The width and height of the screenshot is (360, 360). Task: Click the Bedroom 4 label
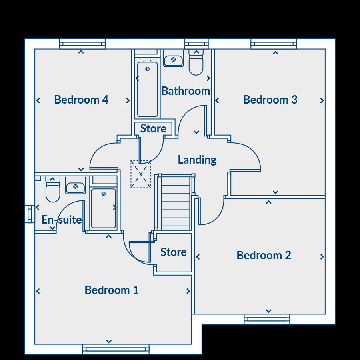coord(81,99)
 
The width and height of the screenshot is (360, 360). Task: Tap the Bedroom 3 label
coord(270,99)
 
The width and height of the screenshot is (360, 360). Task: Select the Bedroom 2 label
coord(264,255)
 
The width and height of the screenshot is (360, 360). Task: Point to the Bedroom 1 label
coord(112,290)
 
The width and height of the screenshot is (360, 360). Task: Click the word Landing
coord(197,160)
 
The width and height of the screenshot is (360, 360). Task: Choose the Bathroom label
coord(186,91)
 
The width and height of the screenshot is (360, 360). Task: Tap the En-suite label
coord(62,219)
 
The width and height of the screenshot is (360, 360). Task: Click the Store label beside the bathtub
coord(153,128)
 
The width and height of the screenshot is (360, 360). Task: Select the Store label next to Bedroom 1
coord(173,252)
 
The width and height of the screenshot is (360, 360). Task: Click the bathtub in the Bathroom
coord(147,88)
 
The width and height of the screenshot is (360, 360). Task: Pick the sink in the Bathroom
coord(173,60)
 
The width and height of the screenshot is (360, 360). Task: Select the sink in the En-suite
coord(75,187)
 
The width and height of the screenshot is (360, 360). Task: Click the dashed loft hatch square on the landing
coord(140,174)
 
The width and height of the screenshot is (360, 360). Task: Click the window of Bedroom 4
coord(82,44)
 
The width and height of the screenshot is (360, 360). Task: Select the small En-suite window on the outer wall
coord(29,214)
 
